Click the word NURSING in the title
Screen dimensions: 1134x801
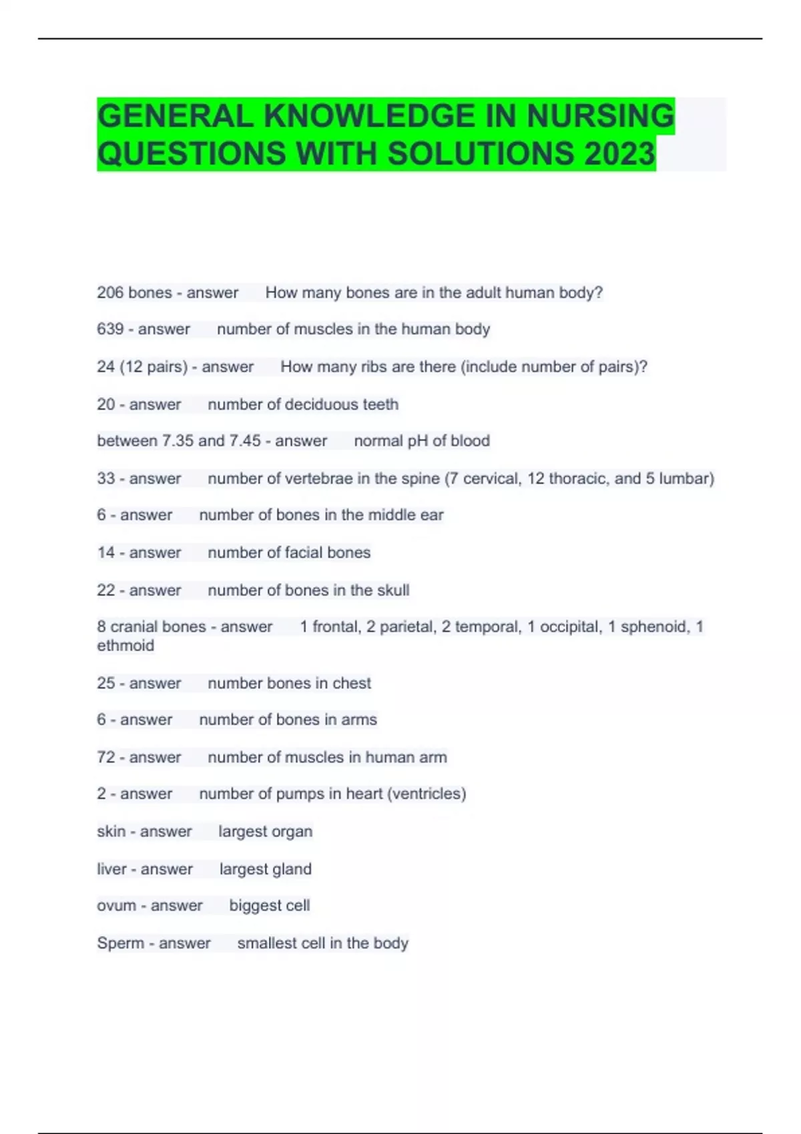(600, 115)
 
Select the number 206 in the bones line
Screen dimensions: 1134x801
(110, 292)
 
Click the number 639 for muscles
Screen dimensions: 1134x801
(110, 329)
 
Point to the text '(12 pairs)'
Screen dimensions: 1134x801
(154, 367)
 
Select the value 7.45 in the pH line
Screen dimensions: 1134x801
(245, 441)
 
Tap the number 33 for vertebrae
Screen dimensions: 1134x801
(106, 478)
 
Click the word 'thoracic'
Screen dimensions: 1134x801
(578, 478)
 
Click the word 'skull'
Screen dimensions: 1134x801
(393, 590)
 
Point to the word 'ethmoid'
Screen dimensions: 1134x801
(125, 645)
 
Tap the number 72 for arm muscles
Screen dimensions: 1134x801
(106, 757)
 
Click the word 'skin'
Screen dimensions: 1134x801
(111, 831)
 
